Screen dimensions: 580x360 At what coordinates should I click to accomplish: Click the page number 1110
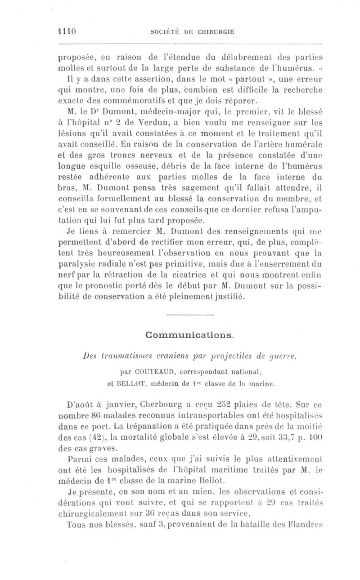[x=66, y=32]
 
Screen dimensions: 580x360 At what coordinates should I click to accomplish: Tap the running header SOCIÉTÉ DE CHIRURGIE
[x=191, y=32]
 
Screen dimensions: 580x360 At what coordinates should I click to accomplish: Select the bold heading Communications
[x=189, y=335]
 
